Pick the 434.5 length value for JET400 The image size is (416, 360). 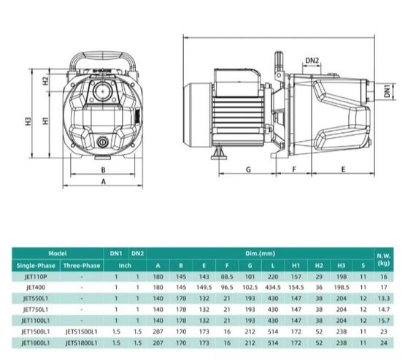coord(272,288)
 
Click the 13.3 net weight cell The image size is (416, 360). coord(385,298)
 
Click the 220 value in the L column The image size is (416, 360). coord(272,277)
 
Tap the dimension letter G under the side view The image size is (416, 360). coord(248,169)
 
